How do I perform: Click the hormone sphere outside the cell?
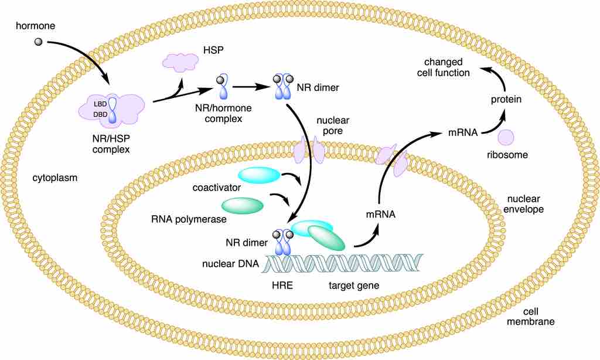coord(38,42)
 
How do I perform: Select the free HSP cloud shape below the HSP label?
coord(180,62)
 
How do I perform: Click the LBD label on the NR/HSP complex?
coord(100,104)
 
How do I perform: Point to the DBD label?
coord(100,114)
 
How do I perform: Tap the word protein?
coord(506,100)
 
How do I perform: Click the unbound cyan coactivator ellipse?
coord(259,175)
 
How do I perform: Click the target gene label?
coord(353,286)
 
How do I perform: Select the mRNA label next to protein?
coord(462,133)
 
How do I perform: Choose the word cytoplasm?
coord(56,177)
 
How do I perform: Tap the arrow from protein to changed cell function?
coord(495,78)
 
